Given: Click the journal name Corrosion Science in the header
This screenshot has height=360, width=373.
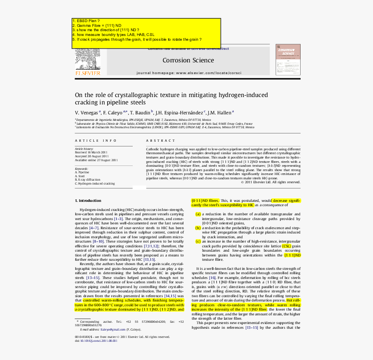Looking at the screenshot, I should coord(188,60).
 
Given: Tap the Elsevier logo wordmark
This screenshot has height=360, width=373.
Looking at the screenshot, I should coord(88,74).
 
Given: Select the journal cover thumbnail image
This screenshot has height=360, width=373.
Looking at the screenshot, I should coord(288,59).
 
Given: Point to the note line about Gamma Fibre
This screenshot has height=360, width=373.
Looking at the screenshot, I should coord(97,26).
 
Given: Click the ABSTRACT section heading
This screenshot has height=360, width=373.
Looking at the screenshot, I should coord(160,141).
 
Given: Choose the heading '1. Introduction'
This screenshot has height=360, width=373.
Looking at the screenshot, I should coord(88,201).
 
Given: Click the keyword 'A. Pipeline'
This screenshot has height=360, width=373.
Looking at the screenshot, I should coord(82,172).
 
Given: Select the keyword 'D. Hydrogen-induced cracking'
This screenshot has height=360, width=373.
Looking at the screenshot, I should coord(95,184).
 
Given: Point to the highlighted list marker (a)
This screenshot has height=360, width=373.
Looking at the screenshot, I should coord(198,214).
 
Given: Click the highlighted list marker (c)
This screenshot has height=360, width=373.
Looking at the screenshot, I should coord(198,241).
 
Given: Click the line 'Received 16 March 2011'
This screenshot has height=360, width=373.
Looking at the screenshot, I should coord(92,152).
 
